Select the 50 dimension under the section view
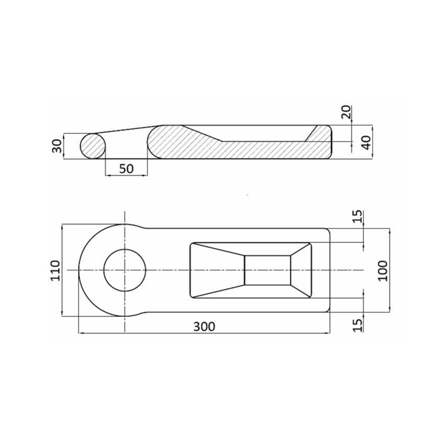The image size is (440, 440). click(x=126, y=168)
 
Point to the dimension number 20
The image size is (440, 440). click(x=345, y=113)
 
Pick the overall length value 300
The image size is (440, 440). click(x=204, y=326)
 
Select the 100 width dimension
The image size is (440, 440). click(x=383, y=271)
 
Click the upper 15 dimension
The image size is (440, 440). click(x=358, y=217)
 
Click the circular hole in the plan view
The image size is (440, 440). click(x=125, y=270)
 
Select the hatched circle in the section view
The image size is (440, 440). click(x=93, y=146)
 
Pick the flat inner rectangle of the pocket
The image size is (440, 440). click(x=267, y=270)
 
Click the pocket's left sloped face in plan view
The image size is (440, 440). click(x=217, y=270)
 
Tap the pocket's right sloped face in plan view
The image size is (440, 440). click(x=301, y=270)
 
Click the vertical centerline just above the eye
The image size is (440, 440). click(x=125, y=217)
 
